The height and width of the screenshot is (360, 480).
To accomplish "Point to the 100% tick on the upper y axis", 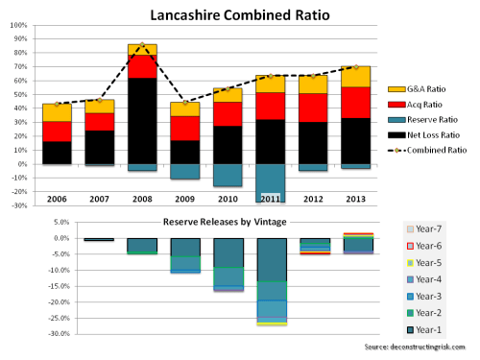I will pyautogui.click(x=17, y=25).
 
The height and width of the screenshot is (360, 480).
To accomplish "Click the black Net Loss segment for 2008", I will pyautogui.click(x=142, y=120).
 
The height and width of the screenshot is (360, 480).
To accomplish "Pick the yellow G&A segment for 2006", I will pyautogui.click(x=56, y=112).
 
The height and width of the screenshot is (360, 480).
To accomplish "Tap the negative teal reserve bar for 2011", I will pyautogui.click(x=271, y=182).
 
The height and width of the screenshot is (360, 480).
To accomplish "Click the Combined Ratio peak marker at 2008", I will pyautogui.click(x=142, y=45).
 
